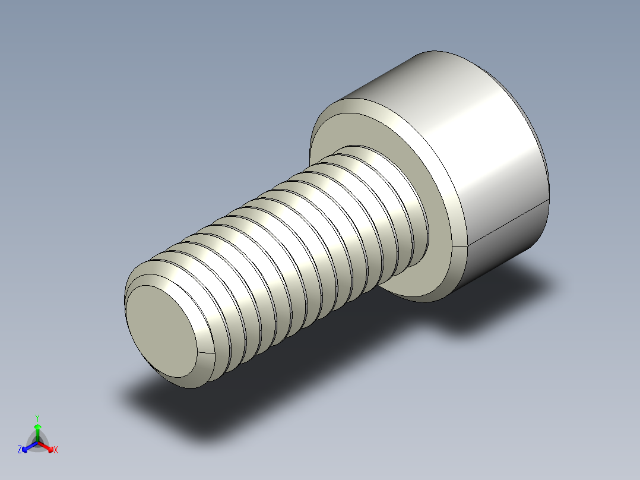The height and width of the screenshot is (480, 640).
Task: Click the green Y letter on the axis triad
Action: (x=37, y=418)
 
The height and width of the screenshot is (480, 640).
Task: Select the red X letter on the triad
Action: (x=56, y=450)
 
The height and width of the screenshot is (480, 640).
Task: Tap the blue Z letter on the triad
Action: (x=20, y=450)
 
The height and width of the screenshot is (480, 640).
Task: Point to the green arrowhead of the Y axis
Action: (x=37, y=427)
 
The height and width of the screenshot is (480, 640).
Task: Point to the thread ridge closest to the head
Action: (x=410, y=196)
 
